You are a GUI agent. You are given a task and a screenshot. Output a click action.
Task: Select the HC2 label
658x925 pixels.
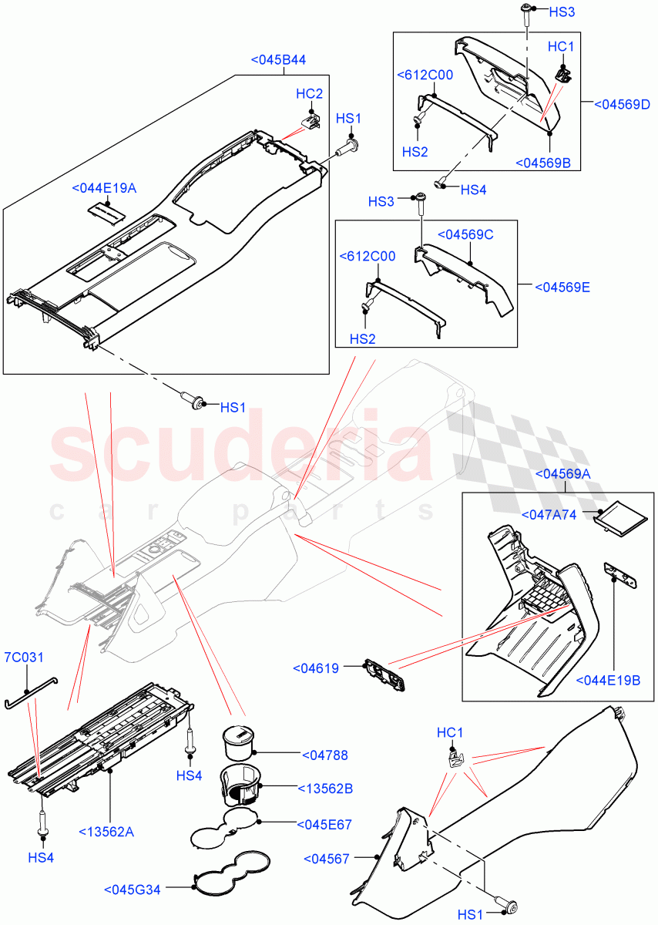[x=309, y=93]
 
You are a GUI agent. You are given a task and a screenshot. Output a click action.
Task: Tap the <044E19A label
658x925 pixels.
[x=104, y=187]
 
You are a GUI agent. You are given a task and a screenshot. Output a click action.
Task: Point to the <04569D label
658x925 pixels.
[x=623, y=105]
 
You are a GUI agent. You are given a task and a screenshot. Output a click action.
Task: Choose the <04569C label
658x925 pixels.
[x=465, y=234]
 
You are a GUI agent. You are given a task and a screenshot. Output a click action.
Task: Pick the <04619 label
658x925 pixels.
[x=316, y=668]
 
